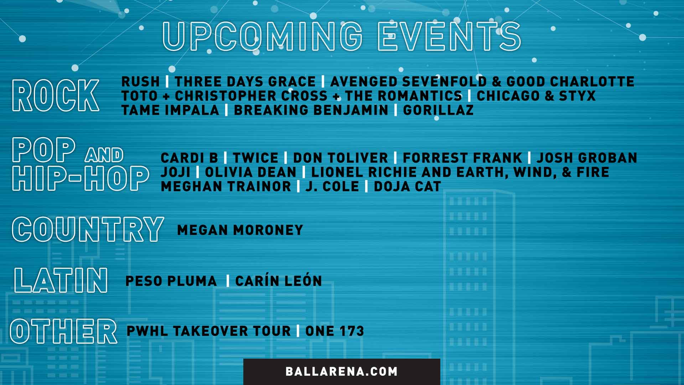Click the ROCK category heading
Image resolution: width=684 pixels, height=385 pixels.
point(56,95)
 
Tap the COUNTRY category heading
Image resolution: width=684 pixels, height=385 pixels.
point(88,229)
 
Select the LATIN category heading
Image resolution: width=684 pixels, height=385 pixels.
point(61,281)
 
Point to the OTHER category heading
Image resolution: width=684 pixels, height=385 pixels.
point(63,331)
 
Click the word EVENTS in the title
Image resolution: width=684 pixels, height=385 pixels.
point(449,36)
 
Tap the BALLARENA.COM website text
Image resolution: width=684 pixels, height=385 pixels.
point(341,371)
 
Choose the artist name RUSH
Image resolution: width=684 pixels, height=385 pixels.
point(140,82)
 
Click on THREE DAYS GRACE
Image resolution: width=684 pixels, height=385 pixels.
point(245,82)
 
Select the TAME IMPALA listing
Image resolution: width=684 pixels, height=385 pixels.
point(170,110)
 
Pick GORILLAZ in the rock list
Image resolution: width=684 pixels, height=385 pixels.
point(438,110)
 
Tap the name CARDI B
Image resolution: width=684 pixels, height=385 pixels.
point(189,158)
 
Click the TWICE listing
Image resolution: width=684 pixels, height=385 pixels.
point(255,158)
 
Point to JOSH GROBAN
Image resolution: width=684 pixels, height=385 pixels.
point(587,158)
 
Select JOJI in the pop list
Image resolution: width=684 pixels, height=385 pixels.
point(175,172)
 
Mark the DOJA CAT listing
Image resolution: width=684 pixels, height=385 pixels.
point(407,186)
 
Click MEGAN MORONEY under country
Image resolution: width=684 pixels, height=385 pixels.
point(240,230)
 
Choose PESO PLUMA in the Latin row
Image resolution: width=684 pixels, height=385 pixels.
point(171,281)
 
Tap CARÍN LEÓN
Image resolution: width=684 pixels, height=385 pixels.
point(279,281)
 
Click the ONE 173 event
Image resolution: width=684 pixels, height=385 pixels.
point(335,331)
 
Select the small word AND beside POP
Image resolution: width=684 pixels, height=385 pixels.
point(104,155)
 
